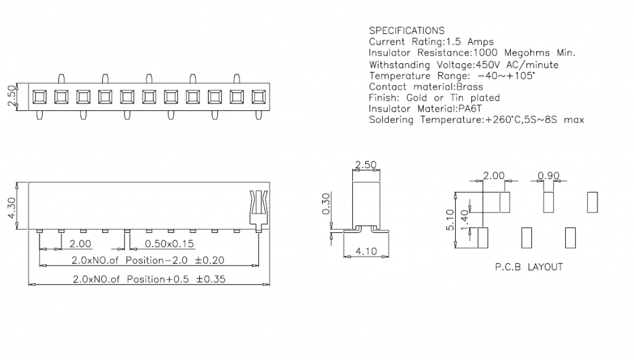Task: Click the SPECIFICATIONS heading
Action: [406, 30]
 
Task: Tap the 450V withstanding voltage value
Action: [487, 64]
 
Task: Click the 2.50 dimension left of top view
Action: [11, 97]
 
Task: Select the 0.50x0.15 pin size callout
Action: [168, 244]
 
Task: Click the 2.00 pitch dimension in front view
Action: [80, 244]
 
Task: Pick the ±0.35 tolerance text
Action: [210, 279]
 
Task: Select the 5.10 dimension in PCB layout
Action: [450, 220]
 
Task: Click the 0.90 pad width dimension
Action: [549, 176]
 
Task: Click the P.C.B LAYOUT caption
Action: [529, 267]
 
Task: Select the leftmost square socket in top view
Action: [38, 97]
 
